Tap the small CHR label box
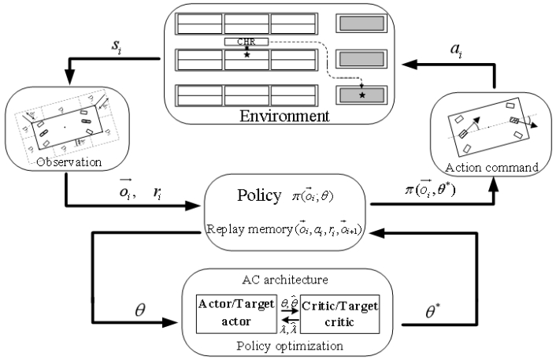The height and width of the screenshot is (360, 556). (x=246, y=41)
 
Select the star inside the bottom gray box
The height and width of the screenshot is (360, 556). (x=362, y=95)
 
